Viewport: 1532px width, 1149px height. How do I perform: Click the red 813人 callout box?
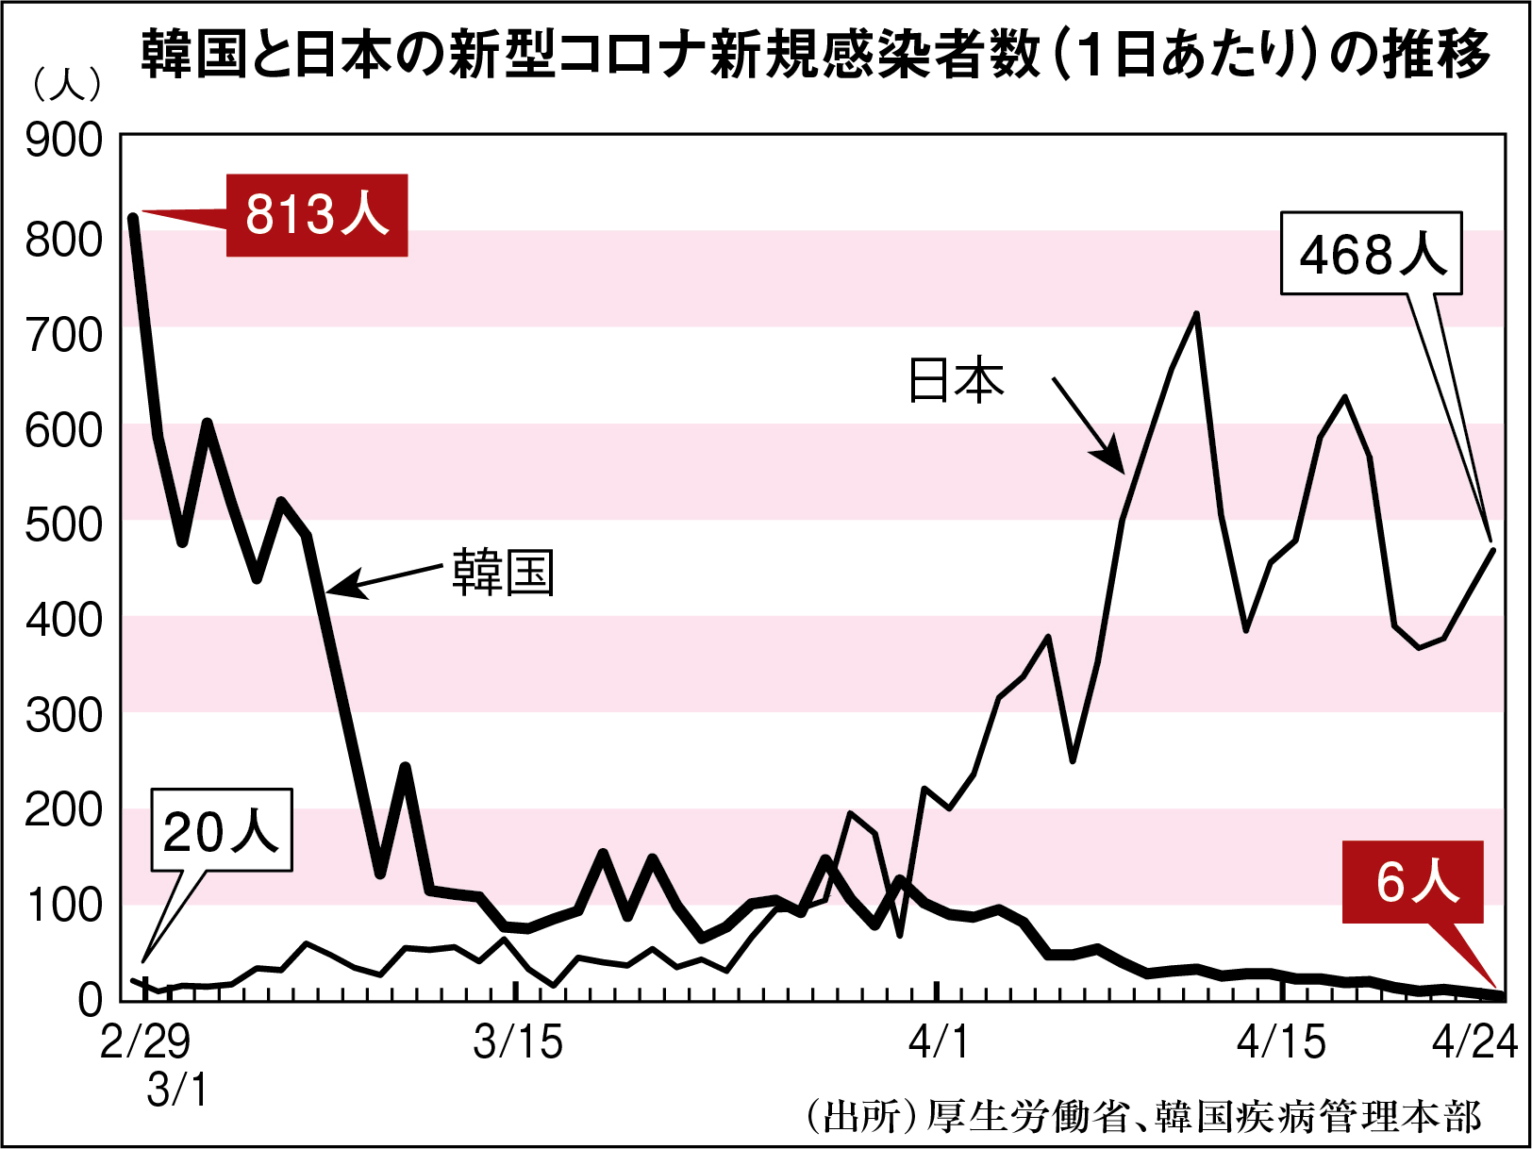[x=317, y=215]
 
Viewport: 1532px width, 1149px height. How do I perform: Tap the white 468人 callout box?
[x=1371, y=254]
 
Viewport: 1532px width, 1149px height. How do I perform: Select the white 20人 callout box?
[x=222, y=830]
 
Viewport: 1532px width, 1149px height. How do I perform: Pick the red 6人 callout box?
[x=1413, y=882]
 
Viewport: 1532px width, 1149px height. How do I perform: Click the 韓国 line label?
[x=503, y=572]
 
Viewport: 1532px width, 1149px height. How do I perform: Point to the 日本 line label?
[x=956, y=380]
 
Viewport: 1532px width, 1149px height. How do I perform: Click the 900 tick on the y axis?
[x=64, y=141]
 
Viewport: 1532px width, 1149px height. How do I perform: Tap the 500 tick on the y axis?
[x=64, y=525]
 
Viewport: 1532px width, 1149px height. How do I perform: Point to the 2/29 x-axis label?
[x=145, y=1042]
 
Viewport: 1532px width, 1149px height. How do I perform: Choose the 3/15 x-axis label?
[x=518, y=1042]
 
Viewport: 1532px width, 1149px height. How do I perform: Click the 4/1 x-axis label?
[x=939, y=1042]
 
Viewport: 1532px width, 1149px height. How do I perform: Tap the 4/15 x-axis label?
[x=1281, y=1042]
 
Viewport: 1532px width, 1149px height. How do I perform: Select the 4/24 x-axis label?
[x=1474, y=1042]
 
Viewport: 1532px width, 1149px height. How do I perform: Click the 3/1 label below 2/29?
[x=177, y=1091]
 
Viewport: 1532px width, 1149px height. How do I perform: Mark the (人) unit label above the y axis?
[x=66, y=85]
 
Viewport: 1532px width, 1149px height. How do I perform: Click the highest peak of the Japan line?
[x=1196, y=314]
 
